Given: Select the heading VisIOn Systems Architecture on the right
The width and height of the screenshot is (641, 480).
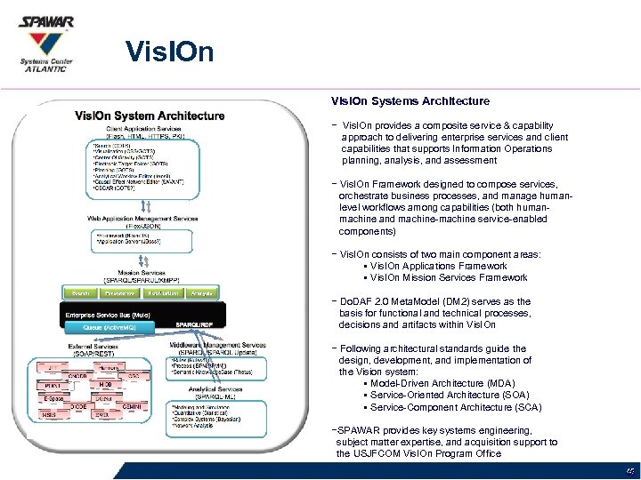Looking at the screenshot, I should pyautogui.click(x=410, y=102).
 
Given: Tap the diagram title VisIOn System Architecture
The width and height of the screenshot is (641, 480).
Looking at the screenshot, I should pyautogui.click(x=150, y=116).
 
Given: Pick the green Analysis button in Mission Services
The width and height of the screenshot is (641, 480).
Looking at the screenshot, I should pyautogui.click(x=201, y=292).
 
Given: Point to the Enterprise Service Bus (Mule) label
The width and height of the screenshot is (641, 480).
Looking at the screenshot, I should pyautogui.click(x=106, y=314).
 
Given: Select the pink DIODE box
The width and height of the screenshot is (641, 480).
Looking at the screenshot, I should pyautogui.click(x=79, y=405).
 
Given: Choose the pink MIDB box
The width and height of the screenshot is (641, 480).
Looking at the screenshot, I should pyautogui.click(x=105, y=384).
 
